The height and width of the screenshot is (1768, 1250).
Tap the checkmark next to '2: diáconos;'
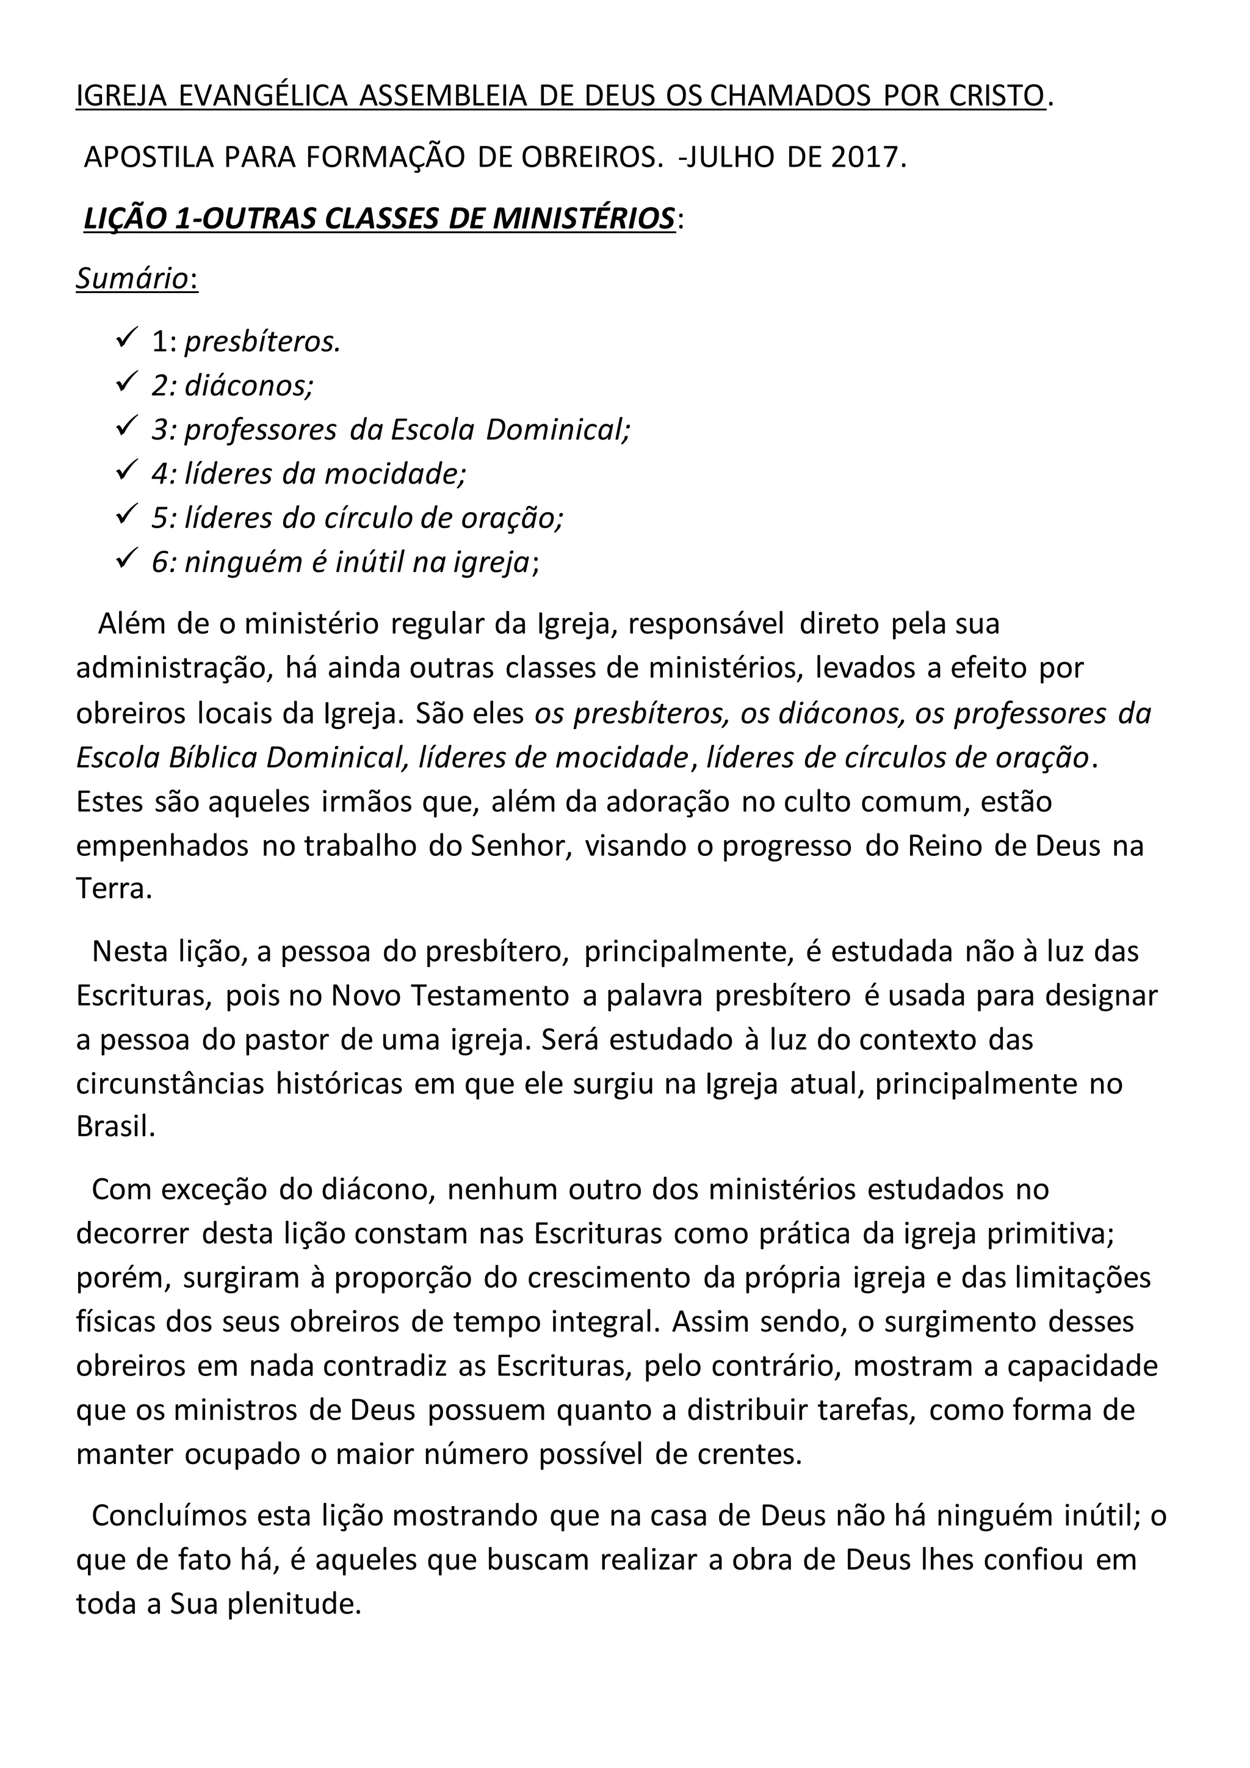(126, 383)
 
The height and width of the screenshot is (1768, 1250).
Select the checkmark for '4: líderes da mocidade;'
(126, 471)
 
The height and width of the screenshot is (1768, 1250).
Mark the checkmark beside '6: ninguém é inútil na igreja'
(126, 560)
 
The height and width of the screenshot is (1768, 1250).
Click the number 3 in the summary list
(160, 430)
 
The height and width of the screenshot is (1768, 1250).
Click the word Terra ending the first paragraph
(112, 889)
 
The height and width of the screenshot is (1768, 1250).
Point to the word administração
(174, 668)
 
